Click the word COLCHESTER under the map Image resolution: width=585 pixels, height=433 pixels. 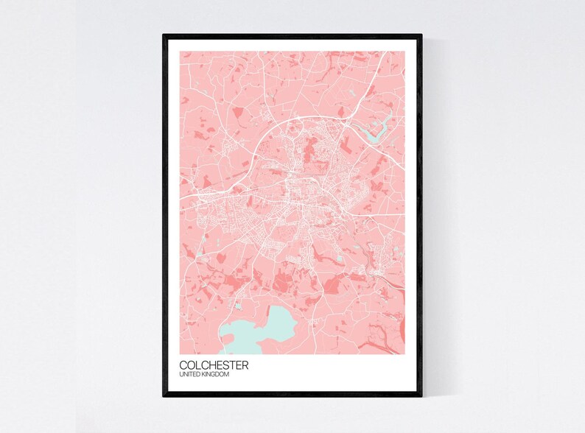tap(214, 365)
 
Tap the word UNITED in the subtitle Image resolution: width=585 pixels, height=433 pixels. tap(189, 375)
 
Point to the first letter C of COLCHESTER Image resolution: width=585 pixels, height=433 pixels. tap(183, 365)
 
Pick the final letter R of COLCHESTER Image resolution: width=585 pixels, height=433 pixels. tap(245, 365)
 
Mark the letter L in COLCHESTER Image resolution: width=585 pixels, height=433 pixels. tap(198, 365)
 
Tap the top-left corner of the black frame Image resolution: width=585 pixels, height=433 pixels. tap(164, 35)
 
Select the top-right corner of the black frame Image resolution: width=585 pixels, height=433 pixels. tap(421, 35)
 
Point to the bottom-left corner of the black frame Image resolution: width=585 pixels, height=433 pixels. tap(164, 395)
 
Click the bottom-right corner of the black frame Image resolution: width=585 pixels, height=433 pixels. tap(421, 395)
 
